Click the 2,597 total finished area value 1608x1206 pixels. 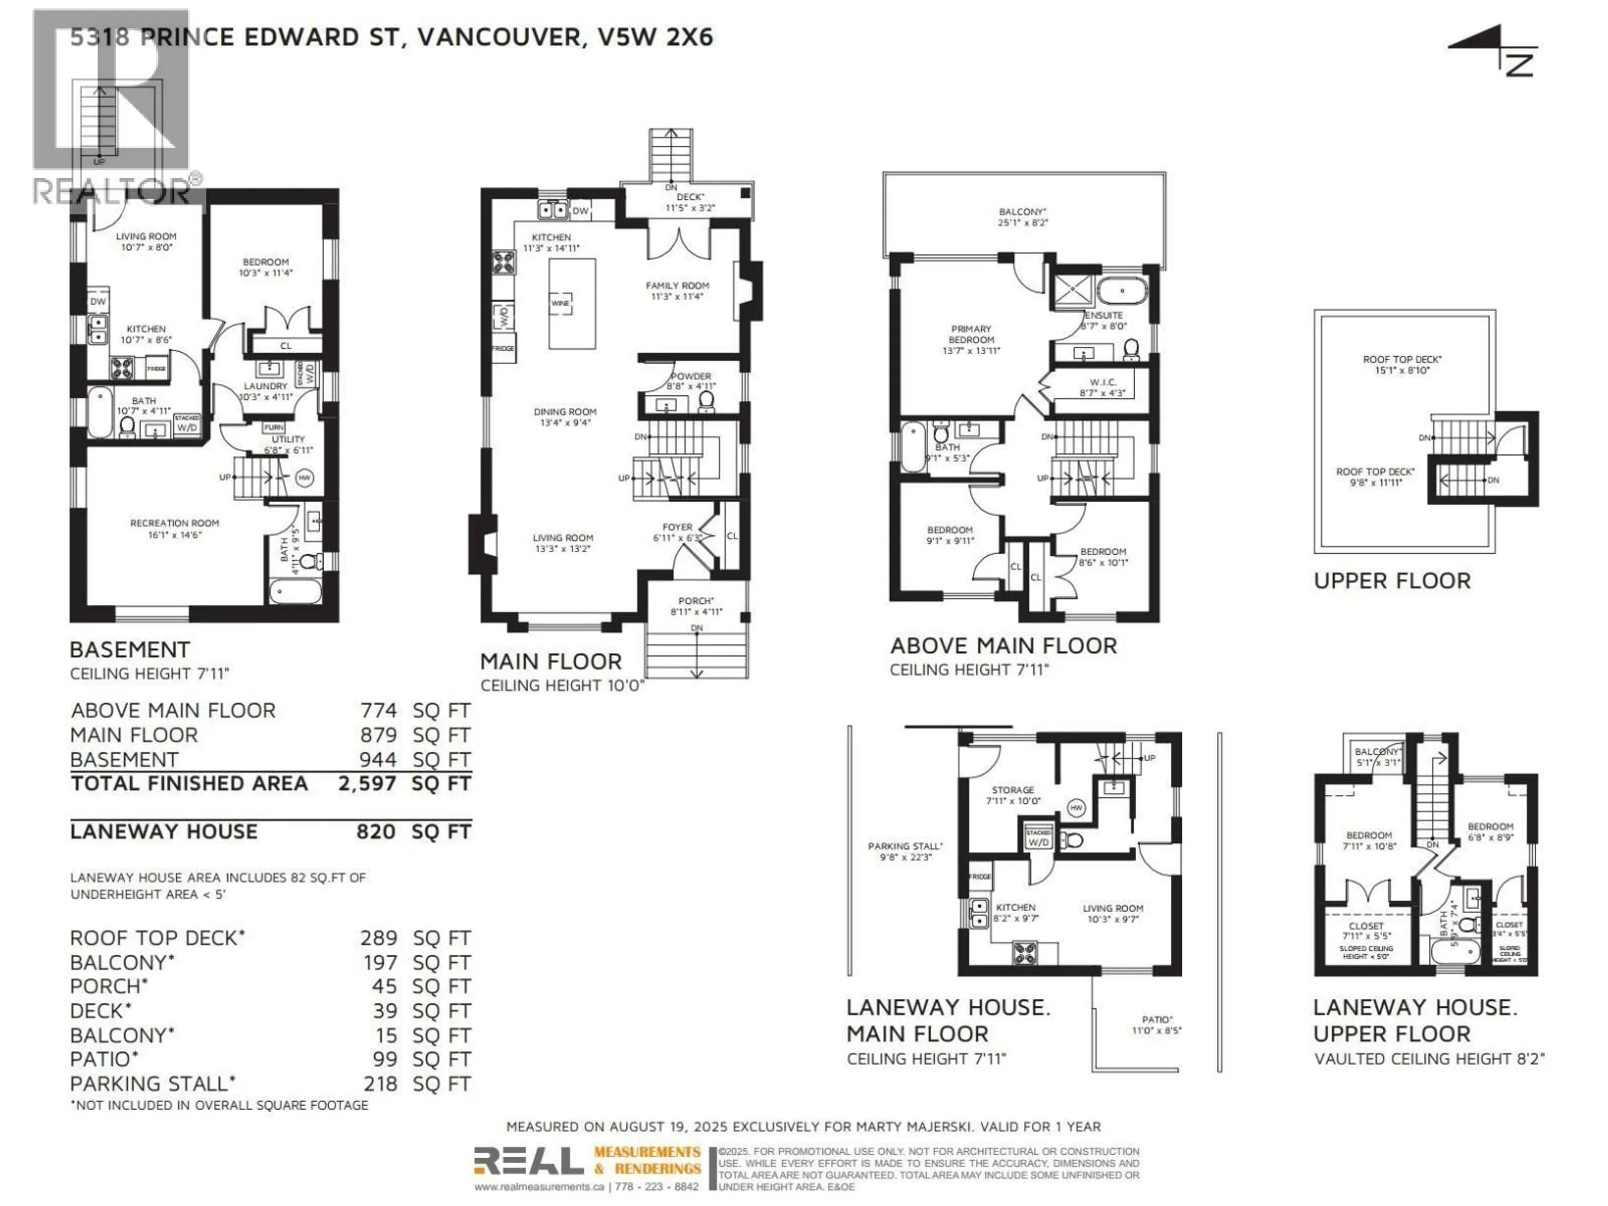(x=367, y=783)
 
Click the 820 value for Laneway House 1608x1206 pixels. (x=376, y=832)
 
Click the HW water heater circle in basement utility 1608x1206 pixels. (x=304, y=478)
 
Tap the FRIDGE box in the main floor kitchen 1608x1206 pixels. (x=503, y=348)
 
